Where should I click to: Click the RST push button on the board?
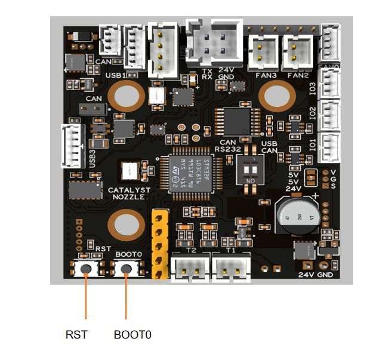[87, 269]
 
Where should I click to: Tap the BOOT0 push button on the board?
[126, 269]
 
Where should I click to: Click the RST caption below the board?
[76, 335]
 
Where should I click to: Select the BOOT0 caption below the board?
[132, 335]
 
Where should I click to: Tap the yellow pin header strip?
[159, 244]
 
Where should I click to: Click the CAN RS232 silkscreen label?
[227, 146]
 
